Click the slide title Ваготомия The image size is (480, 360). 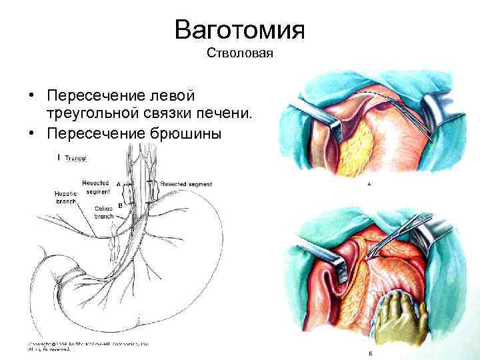[239, 30]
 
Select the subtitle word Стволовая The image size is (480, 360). [239, 53]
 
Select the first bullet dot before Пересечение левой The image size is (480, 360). [32, 97]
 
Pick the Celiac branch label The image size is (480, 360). [103, 213]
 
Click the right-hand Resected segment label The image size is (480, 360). [184, 182]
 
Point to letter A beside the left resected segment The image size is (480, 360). [118, 183]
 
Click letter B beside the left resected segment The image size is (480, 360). [120, 206]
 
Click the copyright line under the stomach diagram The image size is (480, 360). [87, 346]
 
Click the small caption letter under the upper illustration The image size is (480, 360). [369, 184]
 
